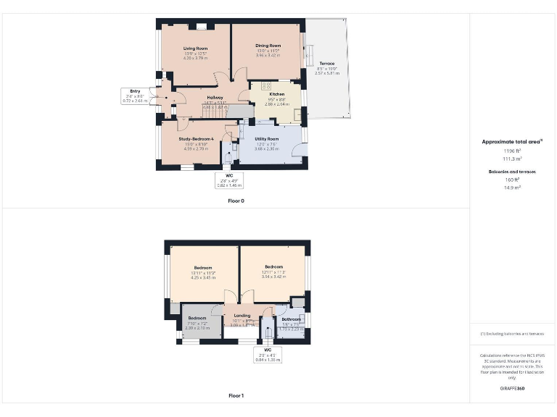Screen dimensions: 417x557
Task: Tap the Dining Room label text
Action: pyautogui.click(x=268, y=46)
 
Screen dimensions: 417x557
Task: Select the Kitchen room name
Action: pyautogui.click(x=277, y=95)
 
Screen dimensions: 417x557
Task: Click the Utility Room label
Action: pyautogui.click(x=267, y=139)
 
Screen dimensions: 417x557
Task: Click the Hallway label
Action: pyautogui.click(x=215, y=97)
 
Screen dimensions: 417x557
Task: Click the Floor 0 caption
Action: pyautogui.click(x=236, y=201)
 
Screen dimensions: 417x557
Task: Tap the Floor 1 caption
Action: pyautogui.click(x=236, y=396)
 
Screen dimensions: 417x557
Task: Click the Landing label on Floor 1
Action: pyautogui.click(x=242, y=316)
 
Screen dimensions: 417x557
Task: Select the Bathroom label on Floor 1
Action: pyautogui.click(x=291, y=319)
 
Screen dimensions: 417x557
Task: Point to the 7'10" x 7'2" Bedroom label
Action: pyautogui.click(x=197, y=319)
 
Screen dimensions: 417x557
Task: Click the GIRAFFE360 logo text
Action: pyautogui.click(x=513, y=389)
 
